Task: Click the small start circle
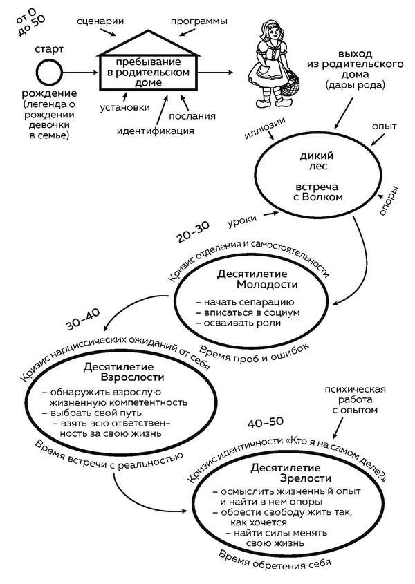click(x=49, y=72)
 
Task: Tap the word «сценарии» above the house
click(x=101, y=21)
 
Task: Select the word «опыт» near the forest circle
click(x=385, y=129)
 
